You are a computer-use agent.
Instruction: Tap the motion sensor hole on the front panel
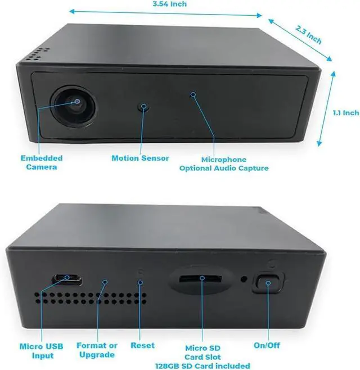145,106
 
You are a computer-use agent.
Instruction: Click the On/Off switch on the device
266,283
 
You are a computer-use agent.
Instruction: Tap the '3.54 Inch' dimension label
169,4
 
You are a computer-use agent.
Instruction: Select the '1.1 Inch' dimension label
345,113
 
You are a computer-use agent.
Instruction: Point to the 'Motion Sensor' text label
140,159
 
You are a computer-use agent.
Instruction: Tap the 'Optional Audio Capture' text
224,168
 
